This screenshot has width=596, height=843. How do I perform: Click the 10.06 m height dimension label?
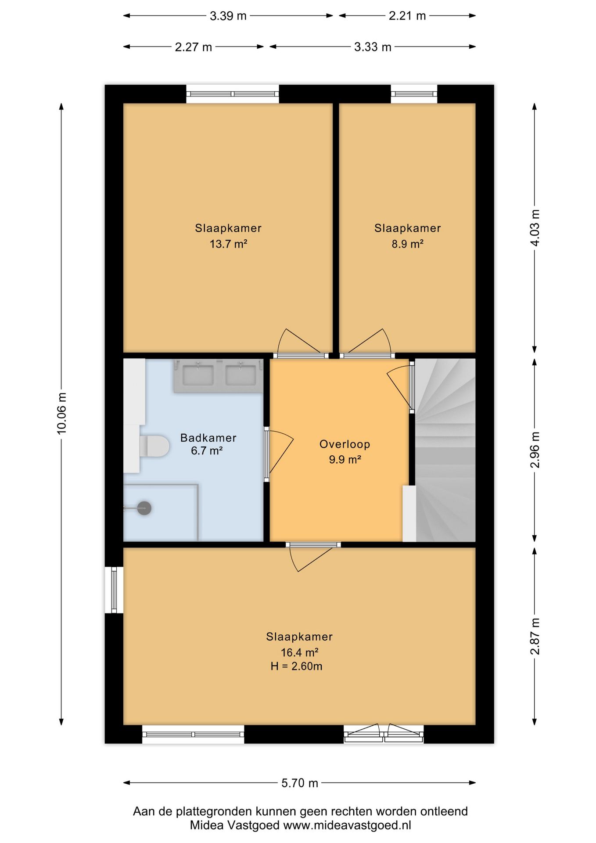pyautogui.click(x=61, y=413)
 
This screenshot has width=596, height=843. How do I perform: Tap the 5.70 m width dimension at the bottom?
pyautogui.click(x=300, y=783)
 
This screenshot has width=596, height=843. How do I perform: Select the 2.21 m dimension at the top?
pyautogui.click(x=407, y=16)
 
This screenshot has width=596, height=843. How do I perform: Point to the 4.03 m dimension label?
pyautogui.click(x=535, y=228)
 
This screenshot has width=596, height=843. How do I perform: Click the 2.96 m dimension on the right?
pyautogui.click(x=535, y=450)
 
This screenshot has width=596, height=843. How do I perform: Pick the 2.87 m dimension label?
pyautogui.click(x=535, y=636)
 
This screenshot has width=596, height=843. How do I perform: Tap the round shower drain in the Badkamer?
pyautogui.click(x=144, y=508)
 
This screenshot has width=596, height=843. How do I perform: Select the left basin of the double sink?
pyautogui.click(x=198, y=375)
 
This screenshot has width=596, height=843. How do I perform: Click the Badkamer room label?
pyautogui.click(x=208, y=438)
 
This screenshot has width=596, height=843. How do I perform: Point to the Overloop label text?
pyautogui.click(x=345, y=444)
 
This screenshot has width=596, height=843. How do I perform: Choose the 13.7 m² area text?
pyautogui.click(x=228, y=244)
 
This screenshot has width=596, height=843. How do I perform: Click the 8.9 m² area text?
pyautogui.click(x=407, y=244)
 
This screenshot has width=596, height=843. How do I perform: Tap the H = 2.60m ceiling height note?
pyautogui.click(x=296, y=666)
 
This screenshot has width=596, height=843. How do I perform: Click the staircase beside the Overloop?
pyautogui.click(x=445, y=450)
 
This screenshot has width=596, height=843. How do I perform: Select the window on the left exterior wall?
pyautogui.click(x=114, y=590)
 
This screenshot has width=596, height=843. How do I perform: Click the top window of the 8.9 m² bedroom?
pyautogui.click(x=414, y=94)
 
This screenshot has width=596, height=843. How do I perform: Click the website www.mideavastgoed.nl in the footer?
pyautogui.click(x=347, y=825)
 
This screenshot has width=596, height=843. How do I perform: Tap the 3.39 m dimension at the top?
pyautogui.click(x=228, y=16)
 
